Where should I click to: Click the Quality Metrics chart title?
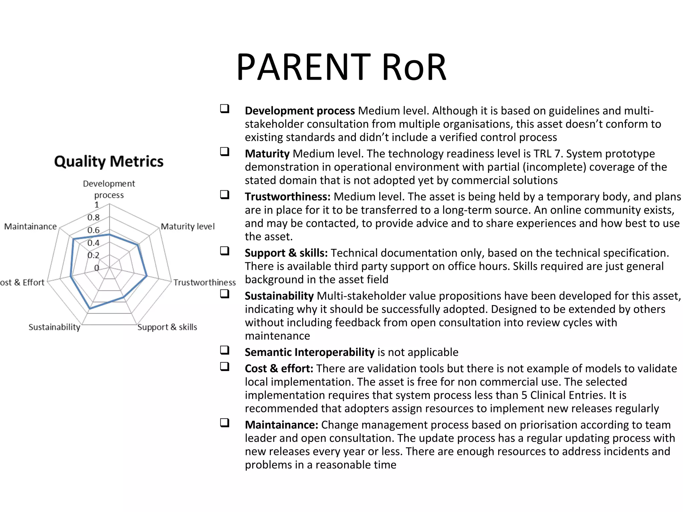[109, 161]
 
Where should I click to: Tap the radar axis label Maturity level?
[188, 227]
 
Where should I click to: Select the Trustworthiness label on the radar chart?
[204, 283]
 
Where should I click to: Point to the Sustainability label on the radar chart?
[54, 327]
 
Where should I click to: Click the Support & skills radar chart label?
[167, 327]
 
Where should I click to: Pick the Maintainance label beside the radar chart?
[30, 227]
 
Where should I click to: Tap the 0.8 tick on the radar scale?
[93, 218]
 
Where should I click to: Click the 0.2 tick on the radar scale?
[93, 255]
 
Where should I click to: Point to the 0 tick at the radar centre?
[97, 268]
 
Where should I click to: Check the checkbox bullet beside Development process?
[225, 109]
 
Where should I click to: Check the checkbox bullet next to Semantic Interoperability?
[225, 350]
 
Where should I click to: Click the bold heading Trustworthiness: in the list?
[287, 197]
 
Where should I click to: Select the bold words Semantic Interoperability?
[309, 352]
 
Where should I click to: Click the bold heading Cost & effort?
[279, 369]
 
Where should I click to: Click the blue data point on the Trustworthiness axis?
[146, 276]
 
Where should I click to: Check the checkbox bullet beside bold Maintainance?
[225, 423]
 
